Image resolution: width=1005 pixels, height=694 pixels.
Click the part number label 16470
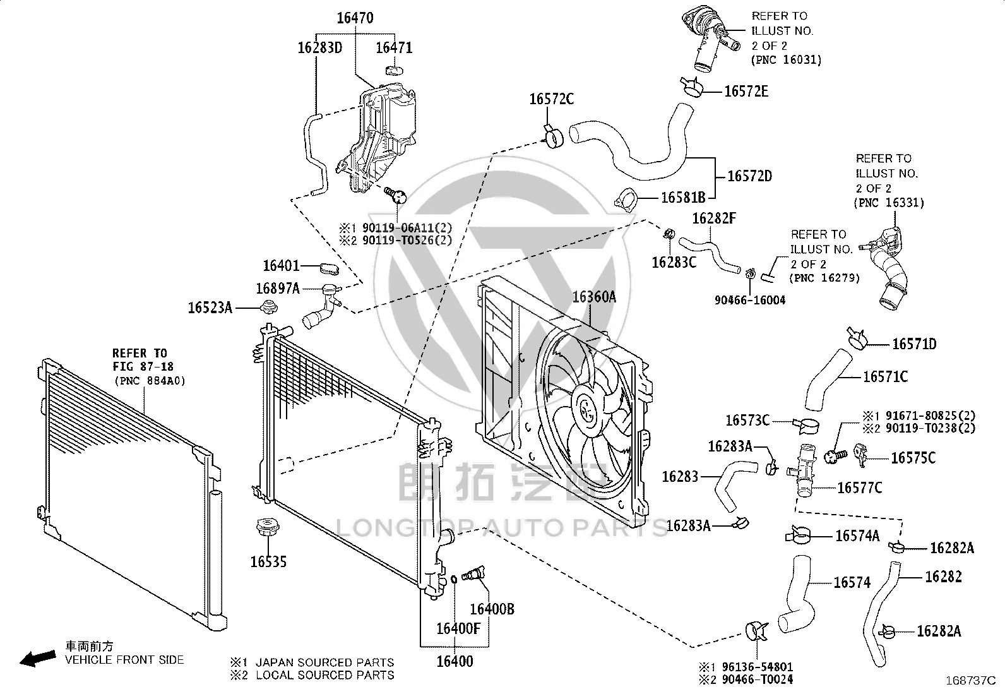pyautogui.click(x=355, y=18)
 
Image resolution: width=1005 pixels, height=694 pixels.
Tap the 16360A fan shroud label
pyautogui.click(x=594, y=297)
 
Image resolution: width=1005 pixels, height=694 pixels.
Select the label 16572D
pyautogui.click(x=750, y=176)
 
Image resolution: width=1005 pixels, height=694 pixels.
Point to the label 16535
pyautogui.click(x=268, y=561)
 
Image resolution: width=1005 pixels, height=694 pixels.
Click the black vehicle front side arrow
pyautogui.click(x=38, y=659)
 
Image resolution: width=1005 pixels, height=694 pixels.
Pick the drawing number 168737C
pyautogui.click(x=971, y=681)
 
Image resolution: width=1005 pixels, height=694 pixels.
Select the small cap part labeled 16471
pyautogui.click(x=395, y=70)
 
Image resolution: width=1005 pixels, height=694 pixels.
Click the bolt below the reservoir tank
pyautogui.click(x=396, y=194)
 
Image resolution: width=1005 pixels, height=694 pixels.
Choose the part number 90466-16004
pyautogui.click(x=750, y=301)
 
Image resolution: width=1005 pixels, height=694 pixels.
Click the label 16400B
pyautogui.click(x=492, y=609)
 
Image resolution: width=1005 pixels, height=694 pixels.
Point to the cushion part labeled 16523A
pyautogui.click(x=269, y=307)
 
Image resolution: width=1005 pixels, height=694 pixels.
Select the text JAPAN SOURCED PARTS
pyautogui.click(x=325, y=662)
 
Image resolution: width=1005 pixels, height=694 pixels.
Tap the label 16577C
pyautogui.click(x=860, y=488)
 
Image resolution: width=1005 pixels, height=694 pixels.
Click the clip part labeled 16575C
pyautogui.click(x=860, y=455)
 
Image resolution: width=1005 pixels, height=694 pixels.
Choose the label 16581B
pyautogui.click(x=683, y=198)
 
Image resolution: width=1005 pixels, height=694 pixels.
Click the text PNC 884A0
pyautogui.click(x=150, y=381)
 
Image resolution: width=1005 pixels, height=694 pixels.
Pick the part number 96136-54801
pyautogui.click(x=758, y=667)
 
